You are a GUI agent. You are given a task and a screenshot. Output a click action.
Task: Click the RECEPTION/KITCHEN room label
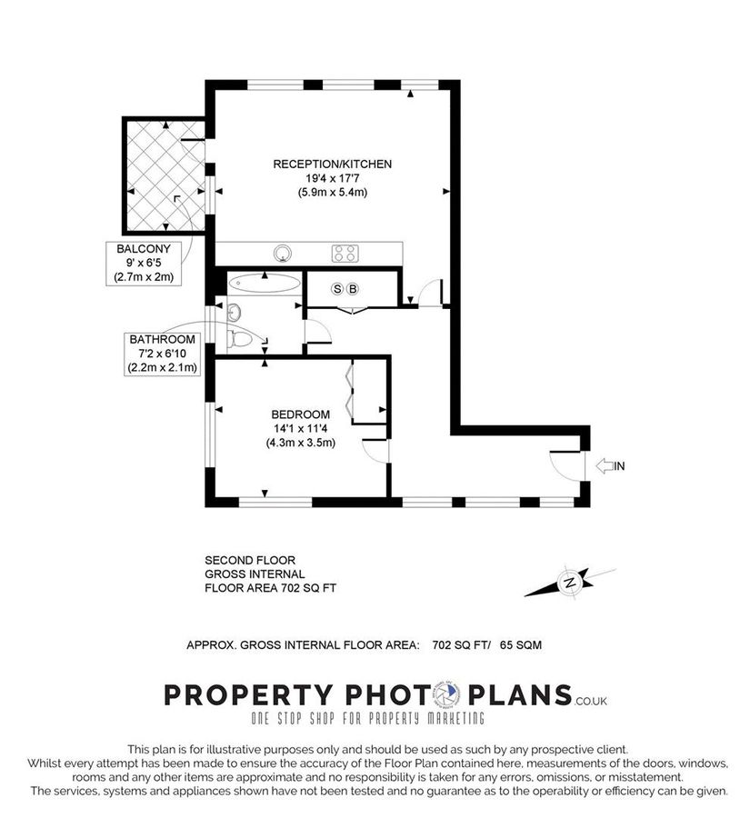[332, 165]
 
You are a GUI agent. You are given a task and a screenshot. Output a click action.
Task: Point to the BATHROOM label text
[162, 339]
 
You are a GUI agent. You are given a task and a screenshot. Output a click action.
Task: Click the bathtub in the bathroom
[263, 282]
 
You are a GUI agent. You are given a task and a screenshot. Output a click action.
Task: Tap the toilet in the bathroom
[242, 339]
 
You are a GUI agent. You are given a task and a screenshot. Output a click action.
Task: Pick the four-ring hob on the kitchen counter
[345, 253]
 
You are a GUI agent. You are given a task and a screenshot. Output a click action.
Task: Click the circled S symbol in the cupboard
[338, 289]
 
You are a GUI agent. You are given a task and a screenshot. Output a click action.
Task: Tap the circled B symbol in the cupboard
[354, 289]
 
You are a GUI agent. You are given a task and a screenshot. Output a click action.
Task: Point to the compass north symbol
[570, 582]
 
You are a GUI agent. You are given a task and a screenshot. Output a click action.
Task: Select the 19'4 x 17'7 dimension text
[332, 179]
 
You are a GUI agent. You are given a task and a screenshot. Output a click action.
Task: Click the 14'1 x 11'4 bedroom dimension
[300, 430]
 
